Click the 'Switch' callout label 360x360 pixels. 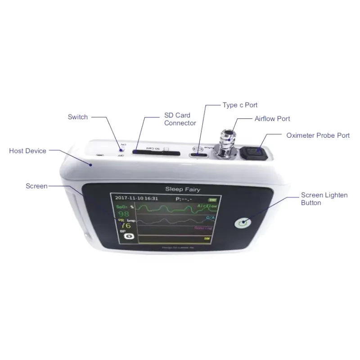point(78,117)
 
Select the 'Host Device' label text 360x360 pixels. point(27,151)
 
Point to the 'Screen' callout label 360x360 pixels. point(36,186)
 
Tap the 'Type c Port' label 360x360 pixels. point(240,105)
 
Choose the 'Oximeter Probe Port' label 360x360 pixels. point(318,135)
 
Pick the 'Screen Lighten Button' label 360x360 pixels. point(324,199)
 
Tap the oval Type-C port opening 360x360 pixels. point(199,155)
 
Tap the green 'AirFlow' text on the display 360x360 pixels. point(207,206)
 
